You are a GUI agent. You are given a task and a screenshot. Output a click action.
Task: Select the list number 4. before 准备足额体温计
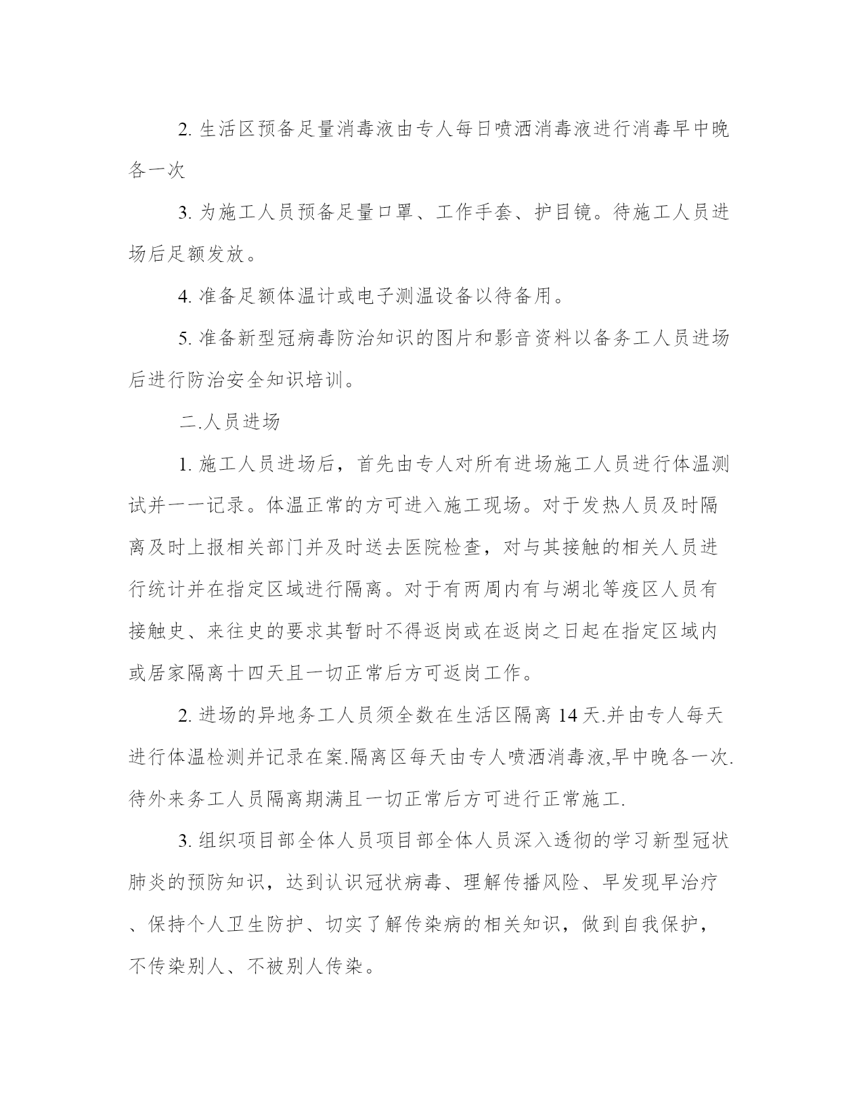(185, 296)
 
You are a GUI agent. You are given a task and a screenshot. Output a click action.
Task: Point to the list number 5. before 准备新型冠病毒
(185, 338)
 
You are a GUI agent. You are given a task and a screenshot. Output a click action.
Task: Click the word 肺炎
(148, 883)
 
